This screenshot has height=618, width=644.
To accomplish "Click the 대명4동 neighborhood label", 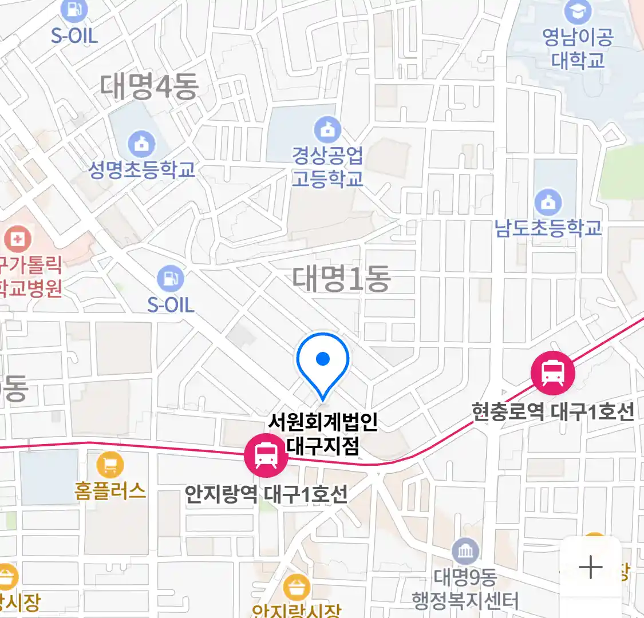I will click(149, 87).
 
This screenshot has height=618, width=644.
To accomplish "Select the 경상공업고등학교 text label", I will click(327, 167).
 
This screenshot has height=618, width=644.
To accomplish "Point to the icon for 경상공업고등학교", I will click(327, 130).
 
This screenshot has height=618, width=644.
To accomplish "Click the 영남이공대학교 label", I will click(578, 48).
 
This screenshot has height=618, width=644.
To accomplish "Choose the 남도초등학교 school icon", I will click(548, 201).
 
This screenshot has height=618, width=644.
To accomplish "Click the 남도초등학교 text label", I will click(548, 228).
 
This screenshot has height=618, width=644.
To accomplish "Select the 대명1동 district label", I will click(341, 279).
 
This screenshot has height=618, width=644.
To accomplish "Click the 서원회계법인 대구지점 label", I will click(323, 434).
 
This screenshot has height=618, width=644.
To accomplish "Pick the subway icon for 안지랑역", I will click(266, 455).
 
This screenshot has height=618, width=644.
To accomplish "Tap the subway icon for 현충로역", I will click(552, 373).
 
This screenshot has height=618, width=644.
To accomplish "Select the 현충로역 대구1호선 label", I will click(552, 411).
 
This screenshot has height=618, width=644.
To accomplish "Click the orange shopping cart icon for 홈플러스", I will click(110, 465).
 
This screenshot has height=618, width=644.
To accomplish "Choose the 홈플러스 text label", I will click(110, 491).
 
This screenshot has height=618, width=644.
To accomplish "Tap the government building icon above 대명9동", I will click(465, 552).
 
